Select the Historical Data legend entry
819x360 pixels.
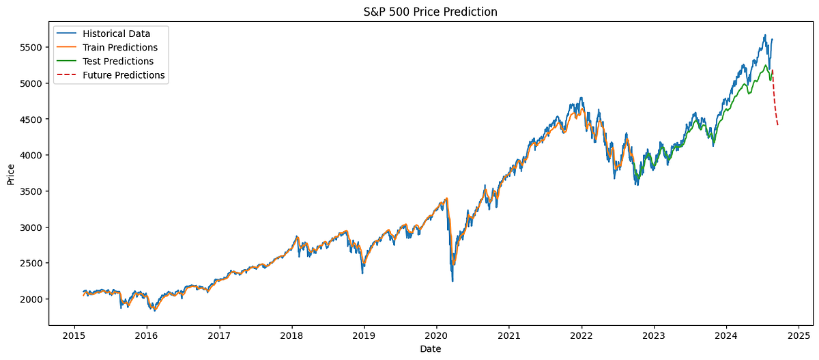116,33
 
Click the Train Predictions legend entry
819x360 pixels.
119,47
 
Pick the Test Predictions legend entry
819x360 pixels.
117,61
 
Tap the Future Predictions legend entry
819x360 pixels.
123,75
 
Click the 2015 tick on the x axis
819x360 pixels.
74,335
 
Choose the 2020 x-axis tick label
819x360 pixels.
436,335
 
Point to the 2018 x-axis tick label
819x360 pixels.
291,335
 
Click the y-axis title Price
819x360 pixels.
11,174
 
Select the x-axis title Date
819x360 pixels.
429,349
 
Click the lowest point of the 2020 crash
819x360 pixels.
452,281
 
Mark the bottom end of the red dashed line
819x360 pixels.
777,124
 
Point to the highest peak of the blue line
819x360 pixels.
765,35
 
